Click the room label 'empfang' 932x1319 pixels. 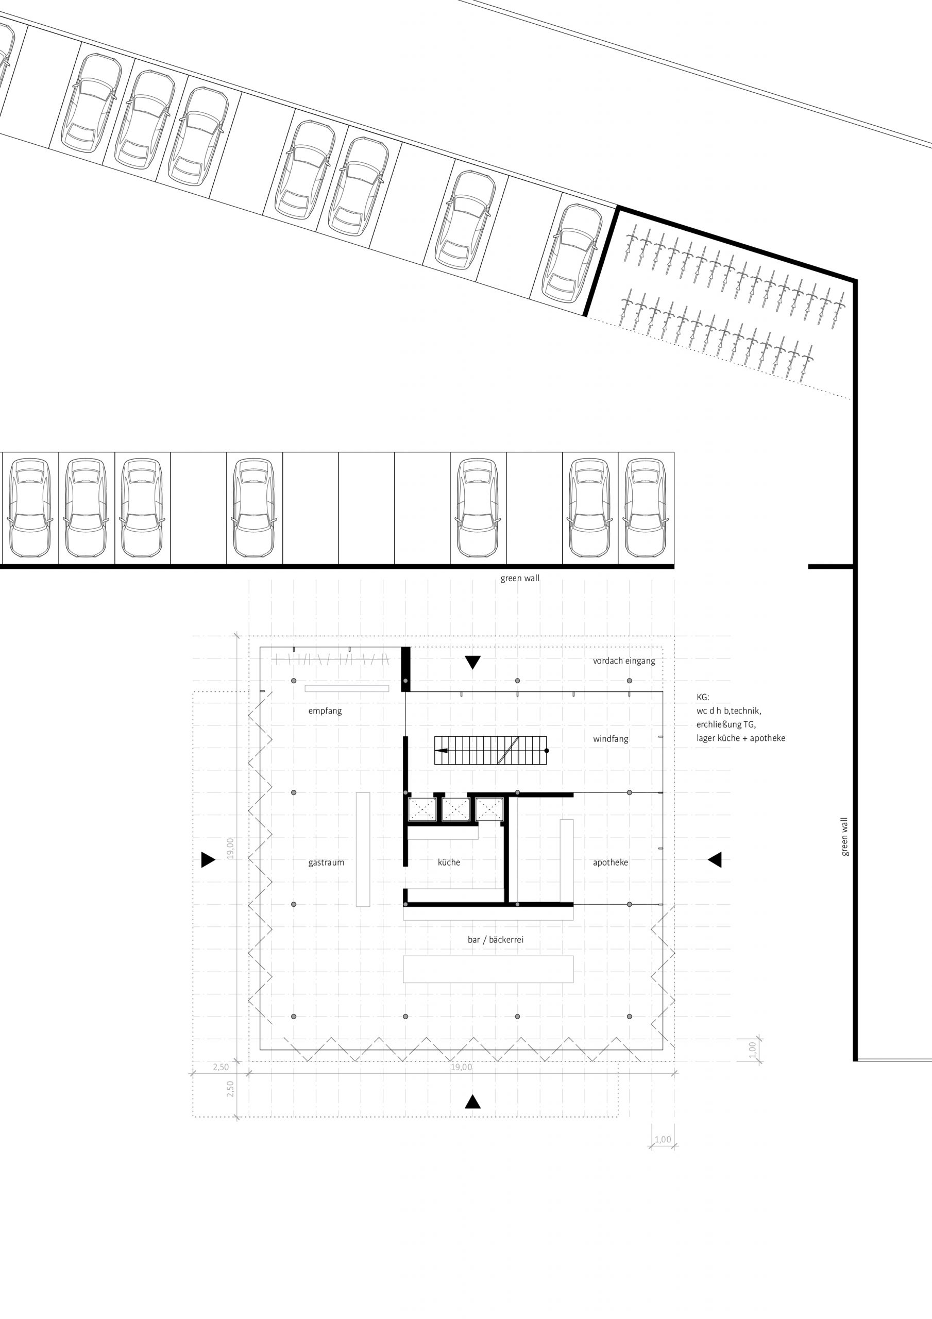[325, 711]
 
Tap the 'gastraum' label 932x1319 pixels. [326, 863]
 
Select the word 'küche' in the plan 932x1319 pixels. [449, 863]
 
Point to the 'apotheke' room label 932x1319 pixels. [610, 863]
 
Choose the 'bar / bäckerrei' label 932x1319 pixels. [495, 940]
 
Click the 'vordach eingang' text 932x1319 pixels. [624, 661]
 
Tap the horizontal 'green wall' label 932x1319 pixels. [520, 579]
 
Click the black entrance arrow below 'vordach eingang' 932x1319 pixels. [472, 663]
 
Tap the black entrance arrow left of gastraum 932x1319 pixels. [208, 860]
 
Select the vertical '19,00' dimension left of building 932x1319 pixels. [230, 848]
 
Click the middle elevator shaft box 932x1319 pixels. [455, 810]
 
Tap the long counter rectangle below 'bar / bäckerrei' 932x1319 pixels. [488, 969]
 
